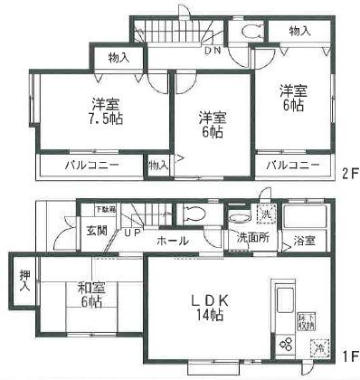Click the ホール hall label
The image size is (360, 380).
click(173, 241)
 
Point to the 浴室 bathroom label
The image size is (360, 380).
click(303, 241)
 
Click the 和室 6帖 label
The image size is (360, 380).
click(89, 295)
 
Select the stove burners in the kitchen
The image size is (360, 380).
click(284, 345)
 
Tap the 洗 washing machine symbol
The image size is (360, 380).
click(265, 215)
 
